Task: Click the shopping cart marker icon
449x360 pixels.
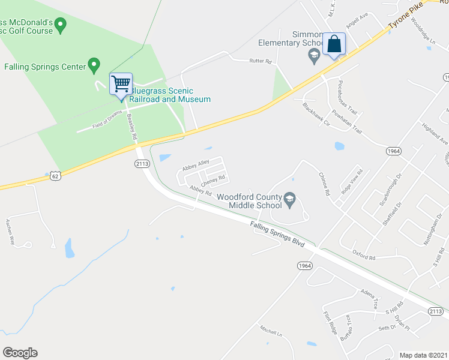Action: coord(121,84)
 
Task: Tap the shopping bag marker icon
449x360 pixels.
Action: coord(334,44)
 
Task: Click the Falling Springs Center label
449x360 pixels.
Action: coord(45,67)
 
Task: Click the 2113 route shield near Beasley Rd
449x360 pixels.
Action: coord(142,163)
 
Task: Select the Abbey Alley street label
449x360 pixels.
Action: coord(196,170)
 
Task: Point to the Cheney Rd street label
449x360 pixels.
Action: coord(213,179)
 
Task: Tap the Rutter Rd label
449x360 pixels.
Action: coord(260,61)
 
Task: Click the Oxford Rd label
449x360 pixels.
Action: coord(364,254)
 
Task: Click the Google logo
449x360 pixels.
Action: coord(20,353)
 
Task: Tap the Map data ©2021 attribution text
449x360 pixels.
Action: coord(423,355)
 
